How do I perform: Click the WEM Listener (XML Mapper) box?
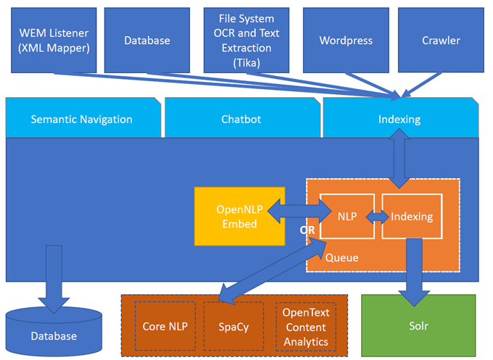54,41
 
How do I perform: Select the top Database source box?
146,41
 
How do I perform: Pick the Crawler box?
441,41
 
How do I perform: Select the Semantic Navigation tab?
81,119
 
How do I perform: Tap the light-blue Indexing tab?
399,119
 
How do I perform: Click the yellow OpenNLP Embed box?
239,217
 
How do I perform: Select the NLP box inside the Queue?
346,216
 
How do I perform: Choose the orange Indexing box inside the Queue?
412,216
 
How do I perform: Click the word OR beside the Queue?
307,230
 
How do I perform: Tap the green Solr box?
418,325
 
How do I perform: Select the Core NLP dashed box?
165,326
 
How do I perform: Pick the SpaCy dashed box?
233,326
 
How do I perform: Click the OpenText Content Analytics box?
305,326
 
